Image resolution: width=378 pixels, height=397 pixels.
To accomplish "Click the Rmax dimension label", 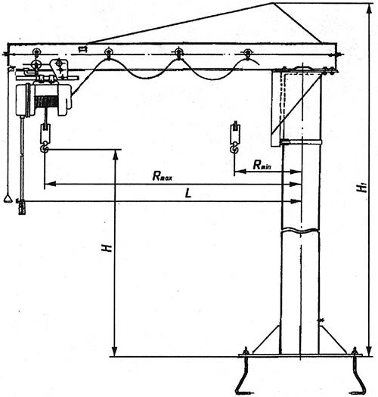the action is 163,176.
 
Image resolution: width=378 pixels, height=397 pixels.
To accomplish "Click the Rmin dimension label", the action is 262,165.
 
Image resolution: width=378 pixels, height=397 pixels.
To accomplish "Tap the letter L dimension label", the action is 188,194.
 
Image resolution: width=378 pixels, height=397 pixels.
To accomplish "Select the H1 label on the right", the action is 363,188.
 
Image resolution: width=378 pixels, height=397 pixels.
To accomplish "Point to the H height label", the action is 107,248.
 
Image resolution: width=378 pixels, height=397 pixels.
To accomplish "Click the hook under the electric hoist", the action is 45,147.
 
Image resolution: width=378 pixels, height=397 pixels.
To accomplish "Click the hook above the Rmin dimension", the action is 234,147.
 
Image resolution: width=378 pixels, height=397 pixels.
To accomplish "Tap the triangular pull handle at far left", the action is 8,198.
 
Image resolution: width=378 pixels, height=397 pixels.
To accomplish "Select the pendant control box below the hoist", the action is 22,207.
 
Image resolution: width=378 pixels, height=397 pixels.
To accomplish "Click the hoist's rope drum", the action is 45,101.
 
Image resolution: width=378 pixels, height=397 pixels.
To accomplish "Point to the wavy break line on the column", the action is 300,231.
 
